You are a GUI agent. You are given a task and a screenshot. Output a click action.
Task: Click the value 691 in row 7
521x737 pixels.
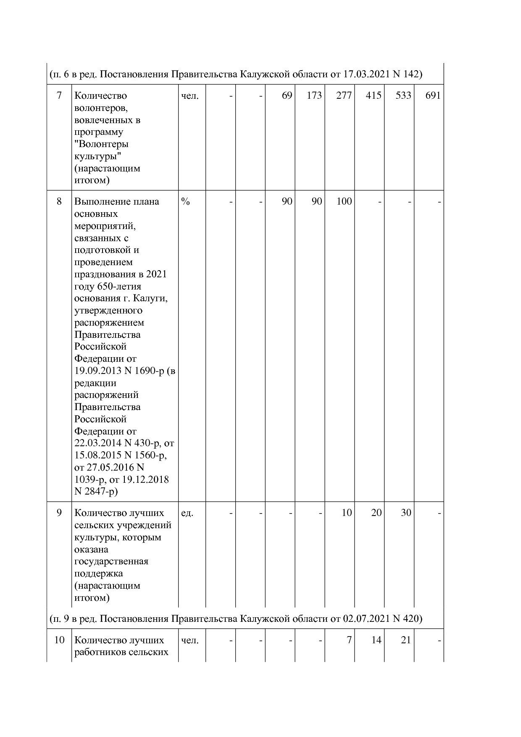[x=433, y=96]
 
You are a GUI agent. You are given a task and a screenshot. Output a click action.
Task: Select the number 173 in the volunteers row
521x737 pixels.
[x=314, y=96]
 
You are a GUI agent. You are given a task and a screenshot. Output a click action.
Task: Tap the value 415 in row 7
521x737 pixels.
[x=374, y=96]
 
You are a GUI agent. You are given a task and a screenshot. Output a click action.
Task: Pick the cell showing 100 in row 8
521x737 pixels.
[x=344, y=202]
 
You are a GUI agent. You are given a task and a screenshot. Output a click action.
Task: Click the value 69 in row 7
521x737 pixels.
[x=287, y=96]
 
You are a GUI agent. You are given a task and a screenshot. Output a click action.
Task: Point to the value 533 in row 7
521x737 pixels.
[x=403, y=96]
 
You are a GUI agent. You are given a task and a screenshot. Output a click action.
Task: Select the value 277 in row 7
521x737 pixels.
[x=344, y=96]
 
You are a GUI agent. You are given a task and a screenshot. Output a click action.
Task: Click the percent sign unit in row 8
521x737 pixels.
[x=185, y=202]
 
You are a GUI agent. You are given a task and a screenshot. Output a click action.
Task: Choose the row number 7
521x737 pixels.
[x=59, y=96]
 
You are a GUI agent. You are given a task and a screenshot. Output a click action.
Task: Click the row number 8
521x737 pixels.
[x=59, y=202]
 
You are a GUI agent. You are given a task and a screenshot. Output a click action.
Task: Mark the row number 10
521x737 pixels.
[x=59, y=640]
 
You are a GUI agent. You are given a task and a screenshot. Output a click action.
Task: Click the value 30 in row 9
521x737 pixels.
[x=405, y=513]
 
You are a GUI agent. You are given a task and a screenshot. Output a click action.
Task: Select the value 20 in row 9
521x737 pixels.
[x=376, y=513]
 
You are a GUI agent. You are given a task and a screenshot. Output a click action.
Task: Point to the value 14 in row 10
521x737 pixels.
[x=376, y=640]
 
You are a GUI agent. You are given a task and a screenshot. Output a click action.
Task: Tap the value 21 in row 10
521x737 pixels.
[x=405, y=640]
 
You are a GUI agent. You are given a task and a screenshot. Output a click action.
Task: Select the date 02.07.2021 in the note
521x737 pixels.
[x=367, y=619]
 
